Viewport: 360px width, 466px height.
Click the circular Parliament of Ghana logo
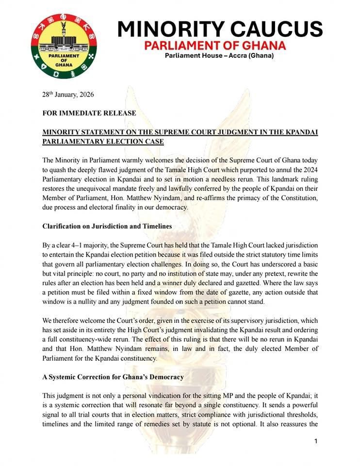tap(64, 46)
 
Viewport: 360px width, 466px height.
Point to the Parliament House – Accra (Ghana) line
tap(219, 56)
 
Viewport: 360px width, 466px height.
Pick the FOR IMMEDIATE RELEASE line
tap(89, 113)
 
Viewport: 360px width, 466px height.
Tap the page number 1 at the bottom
tap(315, 441)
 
